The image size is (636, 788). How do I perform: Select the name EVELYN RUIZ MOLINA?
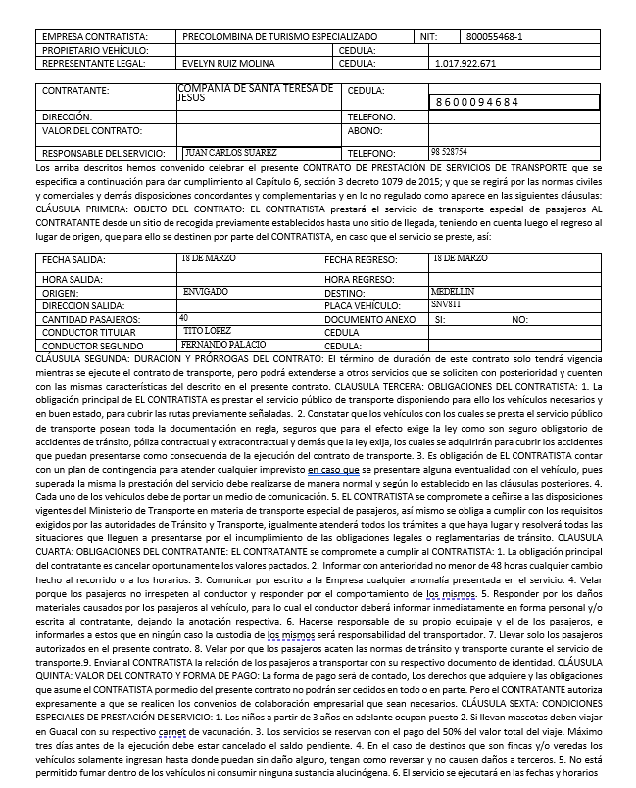(228, 63)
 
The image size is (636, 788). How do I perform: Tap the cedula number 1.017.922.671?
(465, 63)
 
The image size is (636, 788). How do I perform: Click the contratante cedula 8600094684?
(477, 102)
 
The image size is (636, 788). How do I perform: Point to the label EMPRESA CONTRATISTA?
(94, 37)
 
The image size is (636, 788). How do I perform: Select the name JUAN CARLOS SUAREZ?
(231, 153)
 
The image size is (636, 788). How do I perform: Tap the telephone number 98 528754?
(448, 152)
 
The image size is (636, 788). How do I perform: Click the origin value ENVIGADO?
(206, 292)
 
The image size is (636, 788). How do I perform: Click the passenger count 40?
(184, 318)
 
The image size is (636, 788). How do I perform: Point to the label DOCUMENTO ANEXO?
(369, 319)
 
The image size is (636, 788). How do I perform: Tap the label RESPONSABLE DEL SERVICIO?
(105, 154)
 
